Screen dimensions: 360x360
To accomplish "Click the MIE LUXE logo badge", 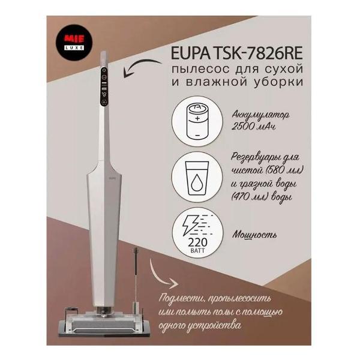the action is pos(74,43).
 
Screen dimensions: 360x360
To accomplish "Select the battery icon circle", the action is pos(197,121).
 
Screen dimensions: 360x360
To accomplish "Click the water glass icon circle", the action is pos(197,177).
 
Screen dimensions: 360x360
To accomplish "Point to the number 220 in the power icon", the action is pos(197,242).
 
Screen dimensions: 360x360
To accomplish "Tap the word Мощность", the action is pos(254,235).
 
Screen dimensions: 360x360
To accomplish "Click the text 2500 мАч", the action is pos(253,126).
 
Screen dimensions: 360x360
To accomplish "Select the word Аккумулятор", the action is pos(260,115).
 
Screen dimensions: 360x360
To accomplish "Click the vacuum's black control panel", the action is pos(104,87).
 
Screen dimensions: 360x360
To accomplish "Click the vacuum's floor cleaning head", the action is pos(104,322).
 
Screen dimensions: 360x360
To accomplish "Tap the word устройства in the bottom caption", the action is pos(214,326).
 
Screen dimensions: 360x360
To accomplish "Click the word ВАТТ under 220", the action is pos(197,250).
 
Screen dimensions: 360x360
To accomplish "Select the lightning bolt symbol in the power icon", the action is pos(190,225).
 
